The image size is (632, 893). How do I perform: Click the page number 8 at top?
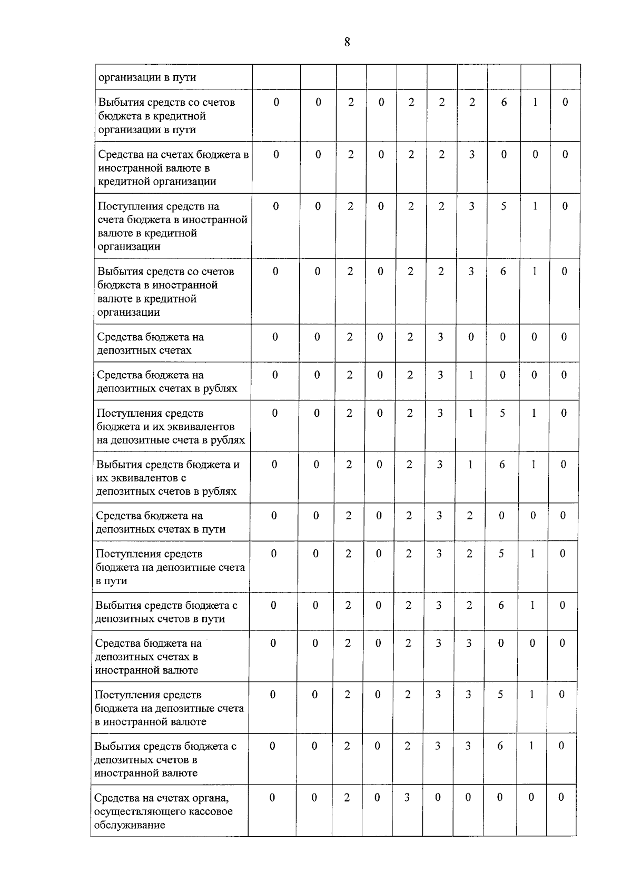click(x=347, y=42)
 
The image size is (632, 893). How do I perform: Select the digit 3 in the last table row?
click(x=407, y=797)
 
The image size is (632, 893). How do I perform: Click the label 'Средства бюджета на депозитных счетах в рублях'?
click(x=167, y=382)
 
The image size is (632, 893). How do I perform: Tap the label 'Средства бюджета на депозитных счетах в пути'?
click(x=161, y=522)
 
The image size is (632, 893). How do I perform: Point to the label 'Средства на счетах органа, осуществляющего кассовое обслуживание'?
click(x=163, y=811)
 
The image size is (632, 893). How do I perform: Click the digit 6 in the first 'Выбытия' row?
click(x=504, y=102)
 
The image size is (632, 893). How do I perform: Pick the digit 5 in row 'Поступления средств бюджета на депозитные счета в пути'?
click(x=501, y=554)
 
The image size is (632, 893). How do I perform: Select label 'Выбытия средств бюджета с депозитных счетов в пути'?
click(x=166, y=611)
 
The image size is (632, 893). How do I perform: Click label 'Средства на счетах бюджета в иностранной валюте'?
click(x=173, y=168)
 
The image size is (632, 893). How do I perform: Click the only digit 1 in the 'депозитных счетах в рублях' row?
click(x=471, y=375)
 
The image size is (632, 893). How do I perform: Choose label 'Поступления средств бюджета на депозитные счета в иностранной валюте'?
click(x=169, y=708)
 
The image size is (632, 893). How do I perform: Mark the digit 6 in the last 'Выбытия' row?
click(x=500, y=746)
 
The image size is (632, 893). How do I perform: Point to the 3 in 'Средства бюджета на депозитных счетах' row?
click(x=440, y=337)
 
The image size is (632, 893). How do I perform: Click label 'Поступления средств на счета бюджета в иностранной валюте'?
click(x=172, y=226)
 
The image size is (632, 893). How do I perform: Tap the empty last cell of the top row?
click(x=565, y=77)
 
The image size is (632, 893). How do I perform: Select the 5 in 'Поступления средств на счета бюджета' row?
click(x=503, y=206)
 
